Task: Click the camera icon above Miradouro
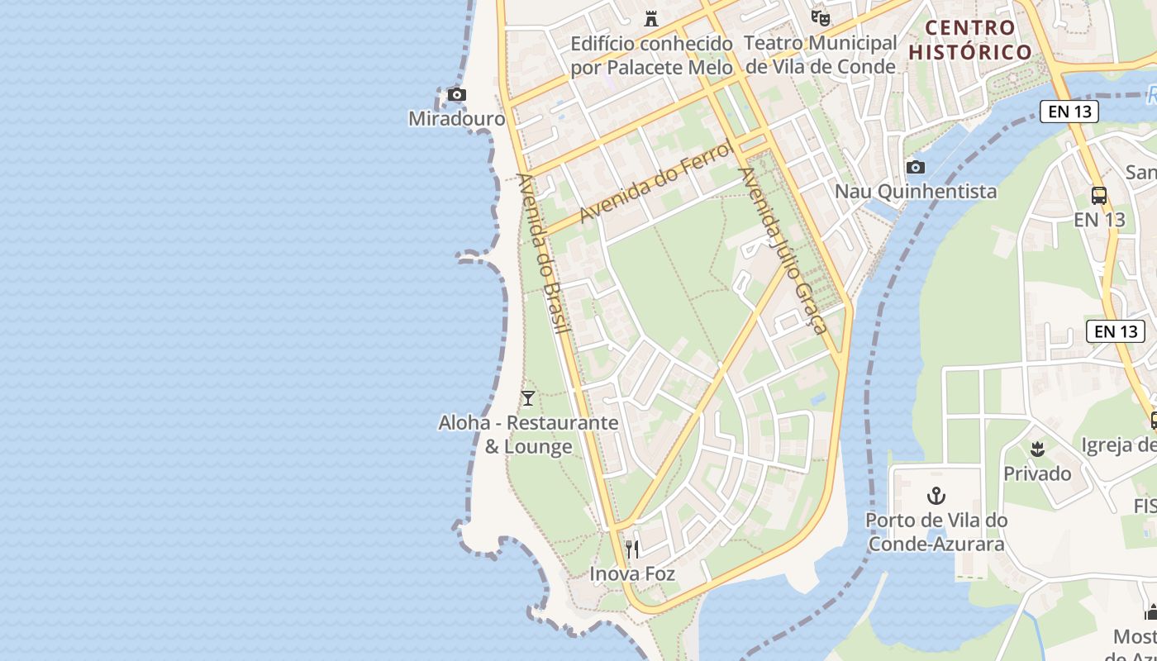[456, 95]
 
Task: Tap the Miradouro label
[456, 119]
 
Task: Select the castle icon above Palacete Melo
[651, 18]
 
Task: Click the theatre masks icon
[820, 17]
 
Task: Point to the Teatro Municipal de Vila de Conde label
[820, 55]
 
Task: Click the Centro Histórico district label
[970, 40]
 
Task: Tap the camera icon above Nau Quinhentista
[915, 168]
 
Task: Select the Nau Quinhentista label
[915, 192]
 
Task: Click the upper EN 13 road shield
[1069, 112]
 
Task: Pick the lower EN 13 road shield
[1116, 331]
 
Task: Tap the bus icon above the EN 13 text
[1099, 196]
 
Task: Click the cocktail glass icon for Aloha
[528, 398]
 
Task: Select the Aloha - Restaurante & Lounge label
[528, 435]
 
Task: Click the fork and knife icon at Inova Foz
[632, 549]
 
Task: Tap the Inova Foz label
[632, 573]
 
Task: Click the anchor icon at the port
[936, 496]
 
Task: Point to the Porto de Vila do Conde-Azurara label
[936, 532]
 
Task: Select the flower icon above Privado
[1037, 449]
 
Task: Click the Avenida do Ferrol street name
[656, 183]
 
